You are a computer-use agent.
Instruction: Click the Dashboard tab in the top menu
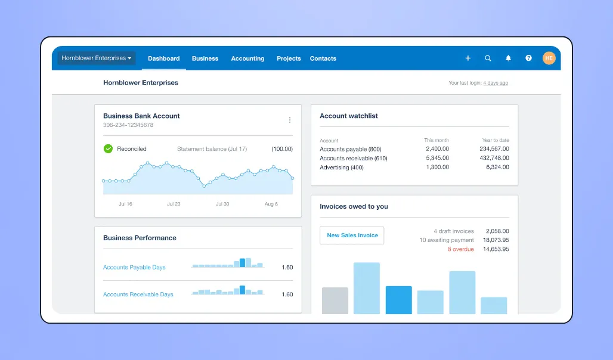tap(163, 58)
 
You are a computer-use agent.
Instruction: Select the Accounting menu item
tap(247, 58)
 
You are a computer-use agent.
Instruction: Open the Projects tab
tap(289, 58)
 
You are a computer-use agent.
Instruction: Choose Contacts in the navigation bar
tap(323, 58)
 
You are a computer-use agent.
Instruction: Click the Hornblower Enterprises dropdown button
tap(97, 58)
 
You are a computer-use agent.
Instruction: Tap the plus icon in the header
tap(468, 58)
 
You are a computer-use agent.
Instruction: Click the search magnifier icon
tap(488, 58)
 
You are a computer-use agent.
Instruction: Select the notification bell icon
tap(509, 58)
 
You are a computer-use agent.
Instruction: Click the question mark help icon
tap(528, 58)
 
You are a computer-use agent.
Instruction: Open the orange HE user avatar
tap(549, 58)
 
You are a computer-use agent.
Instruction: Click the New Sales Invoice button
tap(352, 235)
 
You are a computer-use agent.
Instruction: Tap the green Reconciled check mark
tap(108, 148)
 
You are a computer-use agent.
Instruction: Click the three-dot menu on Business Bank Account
tap(290, 120)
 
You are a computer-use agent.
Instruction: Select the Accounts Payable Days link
tap(134, 268)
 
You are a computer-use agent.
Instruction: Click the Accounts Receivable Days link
tap(138, 294)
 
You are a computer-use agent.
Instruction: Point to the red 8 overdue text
tap(460, 249)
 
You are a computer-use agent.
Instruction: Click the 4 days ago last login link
tap(496, 83)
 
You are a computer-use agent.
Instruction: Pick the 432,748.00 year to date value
tap(494, 159)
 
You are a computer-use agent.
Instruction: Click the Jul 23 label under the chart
tap(174, 204)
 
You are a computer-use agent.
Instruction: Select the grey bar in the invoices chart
tap(335, 300)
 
